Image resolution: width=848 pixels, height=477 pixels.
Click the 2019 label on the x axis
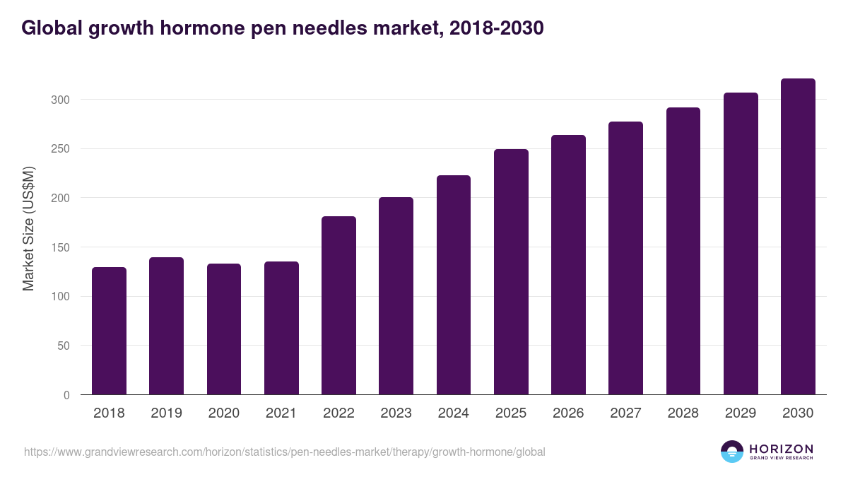click(x=166, y=413)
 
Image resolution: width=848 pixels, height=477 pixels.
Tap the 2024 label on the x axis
click(x=453, y=413)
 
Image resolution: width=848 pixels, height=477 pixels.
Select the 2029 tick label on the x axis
click(x=740, y=413)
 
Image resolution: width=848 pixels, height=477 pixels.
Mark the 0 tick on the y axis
click(x=66, y=396)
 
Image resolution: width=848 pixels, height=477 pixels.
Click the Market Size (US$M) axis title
click(x=28, y=228)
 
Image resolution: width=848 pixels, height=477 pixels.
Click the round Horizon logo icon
click(x=731, y=452)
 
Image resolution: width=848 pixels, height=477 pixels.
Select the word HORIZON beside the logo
click(x=781, y=449)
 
